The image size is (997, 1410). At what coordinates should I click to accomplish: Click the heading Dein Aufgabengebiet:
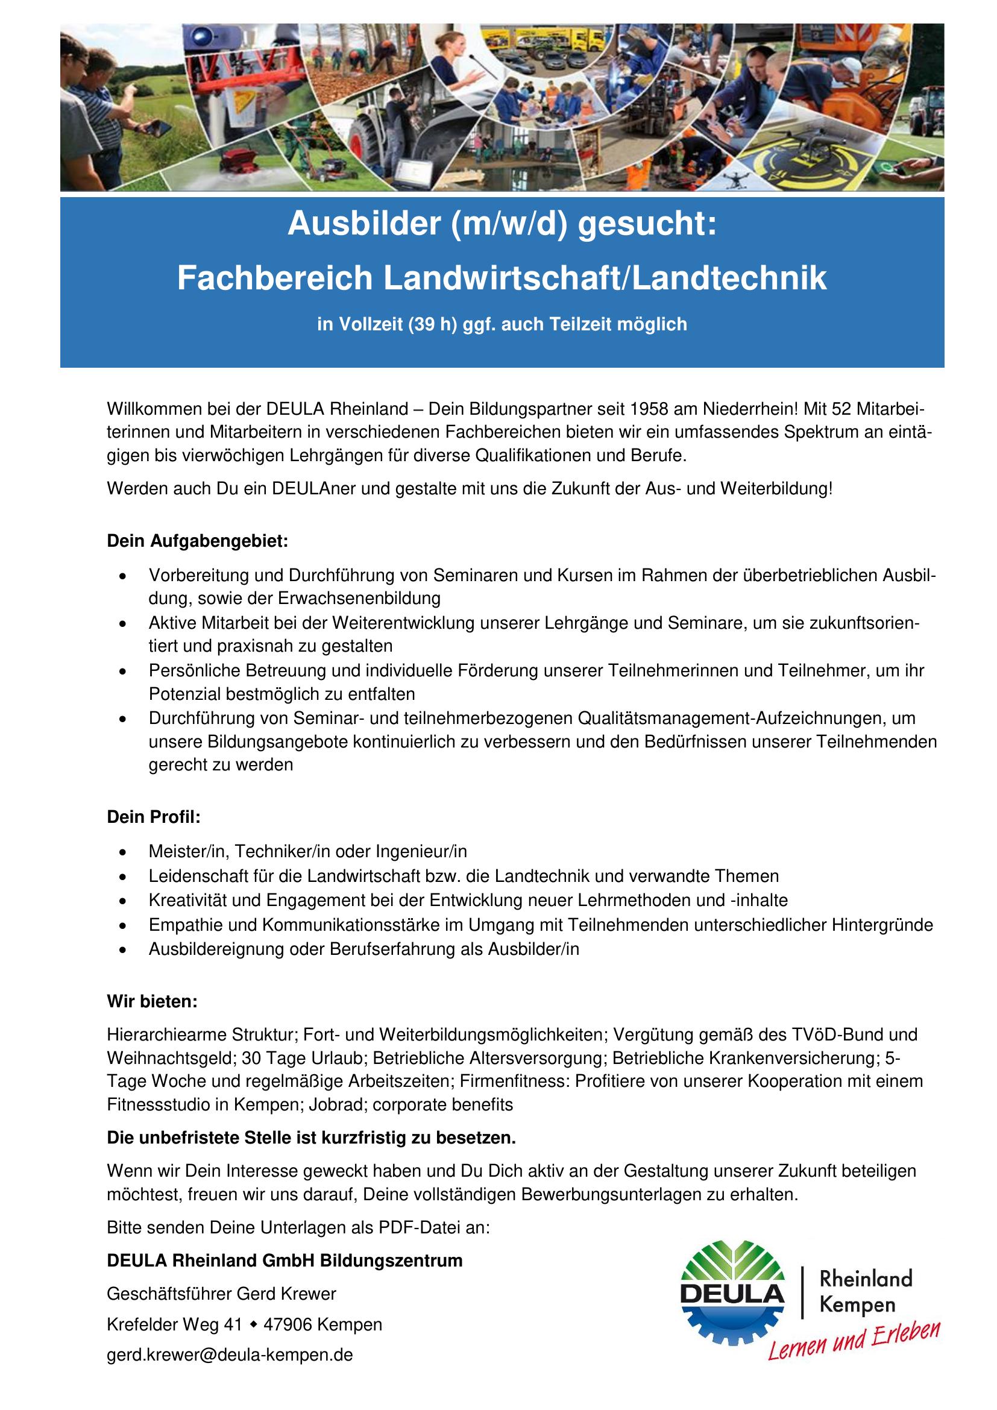coord(197,542)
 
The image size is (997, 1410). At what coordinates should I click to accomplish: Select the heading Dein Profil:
coord(154,817)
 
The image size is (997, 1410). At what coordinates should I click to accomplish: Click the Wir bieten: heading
coord(153,1002)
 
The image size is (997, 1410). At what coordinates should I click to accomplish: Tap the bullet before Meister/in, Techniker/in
coord(125,852)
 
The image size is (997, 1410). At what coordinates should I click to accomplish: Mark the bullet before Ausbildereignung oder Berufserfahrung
coord(125,949)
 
